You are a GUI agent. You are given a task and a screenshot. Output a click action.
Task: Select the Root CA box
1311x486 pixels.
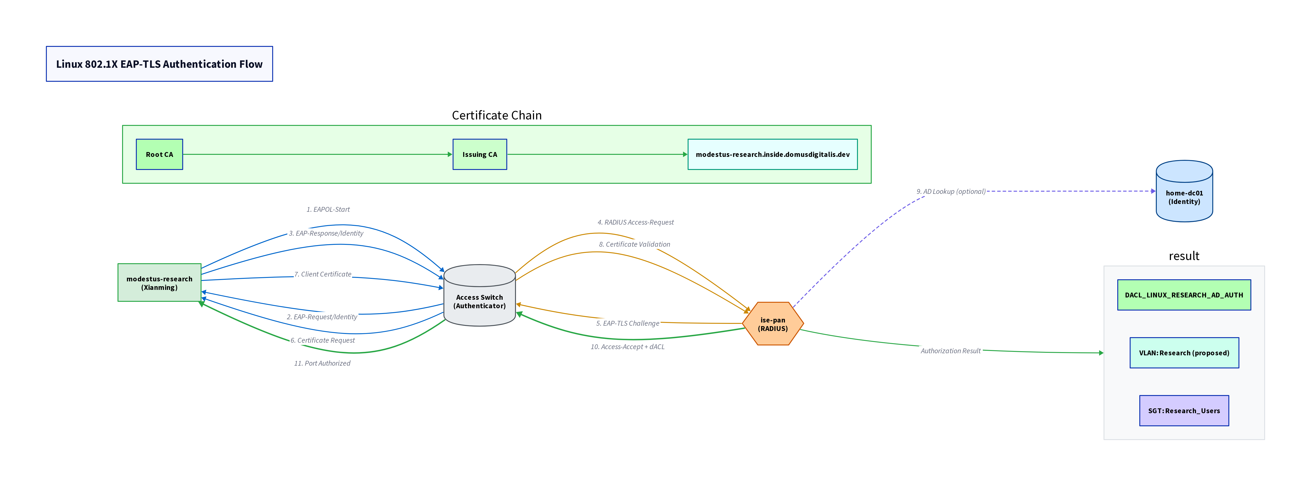159,154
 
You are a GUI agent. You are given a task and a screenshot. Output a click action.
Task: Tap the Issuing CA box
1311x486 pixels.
479,154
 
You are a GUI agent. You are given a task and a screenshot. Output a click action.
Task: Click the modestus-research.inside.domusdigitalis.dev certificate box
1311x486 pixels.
772,154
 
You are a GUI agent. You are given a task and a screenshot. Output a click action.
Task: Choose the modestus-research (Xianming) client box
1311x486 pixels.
159,283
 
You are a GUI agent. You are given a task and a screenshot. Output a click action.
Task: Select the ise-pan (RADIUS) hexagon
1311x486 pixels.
773,324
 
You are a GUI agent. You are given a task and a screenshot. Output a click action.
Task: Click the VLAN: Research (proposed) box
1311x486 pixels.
1184,353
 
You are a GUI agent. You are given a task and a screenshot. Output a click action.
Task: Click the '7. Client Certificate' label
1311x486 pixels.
323,274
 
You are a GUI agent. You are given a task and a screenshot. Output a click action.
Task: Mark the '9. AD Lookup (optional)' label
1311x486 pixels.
951,192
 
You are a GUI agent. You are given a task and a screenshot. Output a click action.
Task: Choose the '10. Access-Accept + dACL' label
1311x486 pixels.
627,347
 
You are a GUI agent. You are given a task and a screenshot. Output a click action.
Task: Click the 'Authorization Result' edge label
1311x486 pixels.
950,351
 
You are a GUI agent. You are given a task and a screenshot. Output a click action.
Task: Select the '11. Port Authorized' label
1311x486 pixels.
322,363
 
